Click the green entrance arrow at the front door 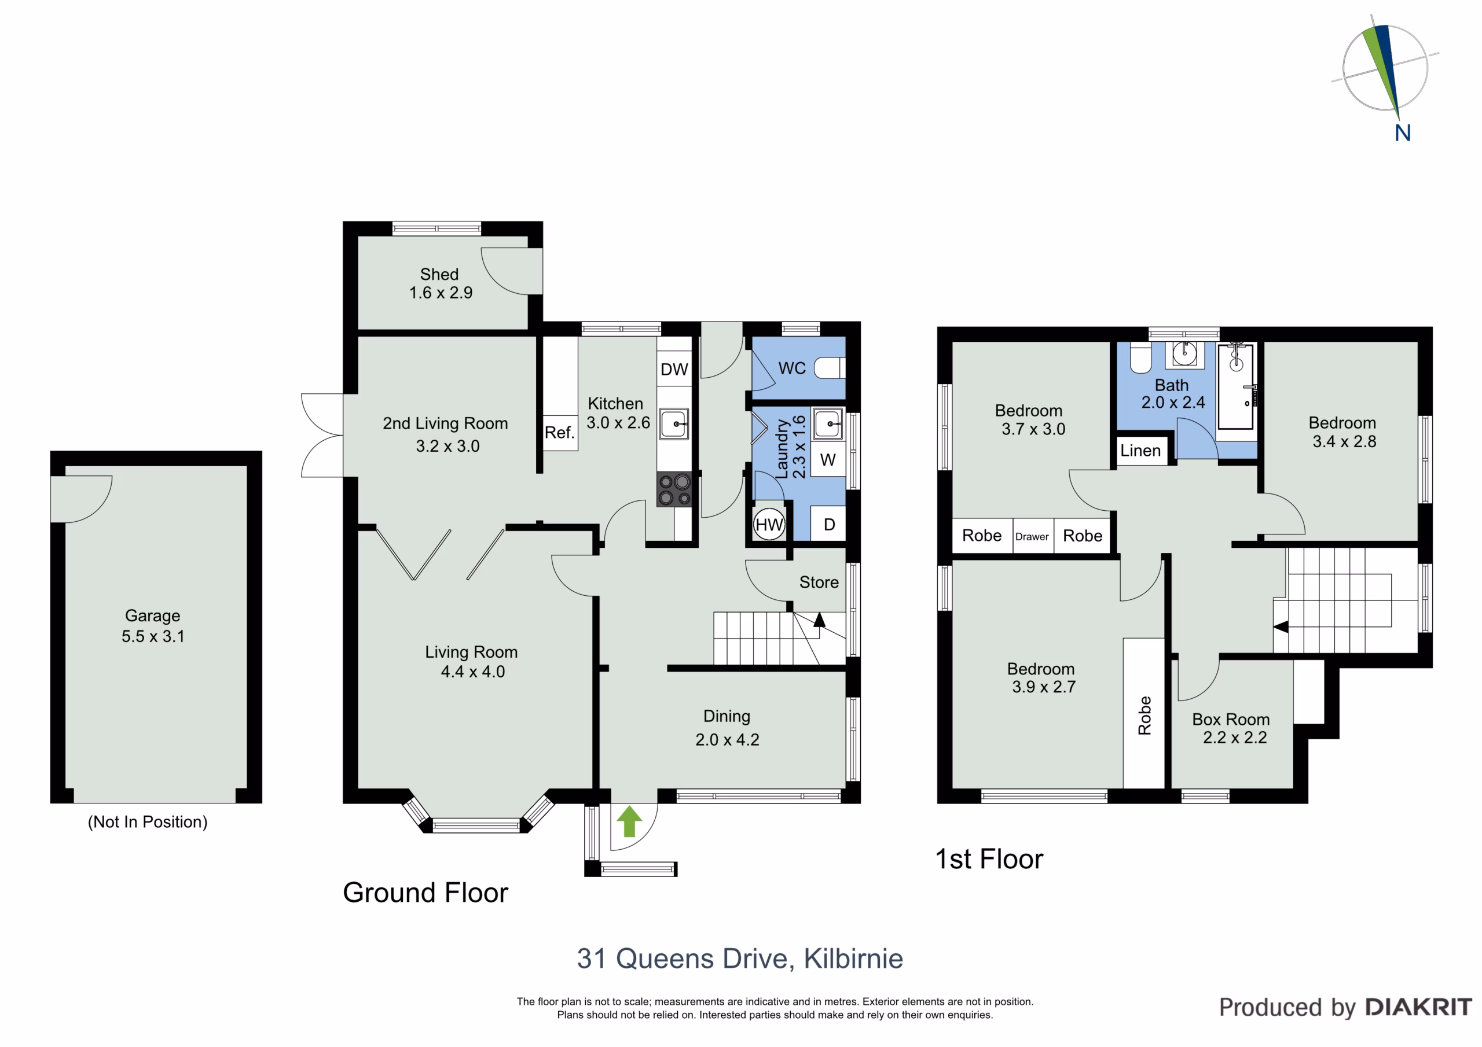[629, 821]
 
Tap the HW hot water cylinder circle [769, 525]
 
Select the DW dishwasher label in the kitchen [674, 370]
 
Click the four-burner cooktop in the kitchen [674, 489]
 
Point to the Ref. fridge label [559, 432]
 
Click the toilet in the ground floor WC [830, 368]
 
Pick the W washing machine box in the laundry [828, 459]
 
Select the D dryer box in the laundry [829, 524]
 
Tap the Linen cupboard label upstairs [1140, 451]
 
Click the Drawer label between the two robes [1032, 537]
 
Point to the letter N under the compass [1403, 133]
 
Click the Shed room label [439, 274]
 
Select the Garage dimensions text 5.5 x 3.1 [153, 636]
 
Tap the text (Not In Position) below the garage [148, 822]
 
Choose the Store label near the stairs [819, 583]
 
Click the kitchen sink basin [674, 424]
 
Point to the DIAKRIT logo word [1419, 1007]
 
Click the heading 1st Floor [989, 859]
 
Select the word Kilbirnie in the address [853, 958]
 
